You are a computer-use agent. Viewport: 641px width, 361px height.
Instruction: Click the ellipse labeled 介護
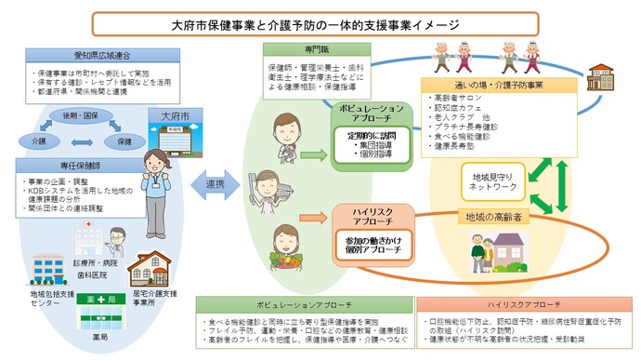[38, 140]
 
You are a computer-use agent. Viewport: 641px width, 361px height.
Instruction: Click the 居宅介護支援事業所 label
[163, 298]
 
